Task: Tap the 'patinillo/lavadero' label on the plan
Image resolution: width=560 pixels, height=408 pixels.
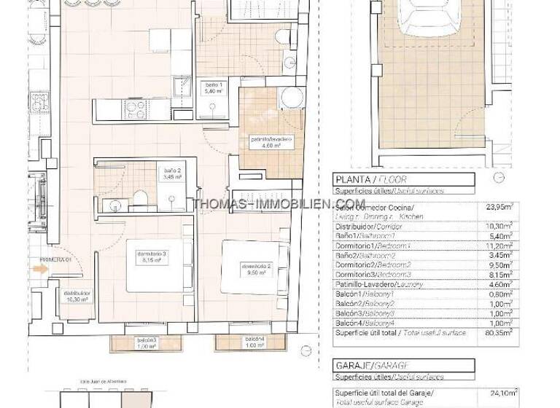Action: tap(271, 141)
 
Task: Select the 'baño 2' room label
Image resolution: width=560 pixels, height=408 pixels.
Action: tap(172, 173)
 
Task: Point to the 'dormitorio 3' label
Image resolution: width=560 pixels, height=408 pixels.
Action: tap(152, 256)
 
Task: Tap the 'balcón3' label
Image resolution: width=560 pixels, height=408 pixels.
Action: tap(146, 343)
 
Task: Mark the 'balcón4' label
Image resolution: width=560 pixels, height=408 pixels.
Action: tap(254, 343)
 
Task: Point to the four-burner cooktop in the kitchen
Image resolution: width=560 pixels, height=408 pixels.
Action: tap(136, 109)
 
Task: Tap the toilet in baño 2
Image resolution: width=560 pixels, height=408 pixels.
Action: tap(143, 197)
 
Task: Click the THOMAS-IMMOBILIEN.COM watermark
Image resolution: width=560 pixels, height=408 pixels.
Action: tap(279, 204)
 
